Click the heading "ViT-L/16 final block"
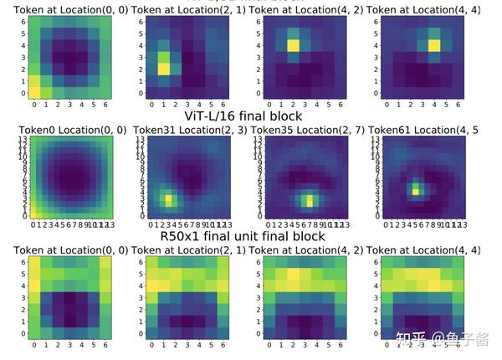coord(242,116)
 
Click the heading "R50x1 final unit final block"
coord(242,236)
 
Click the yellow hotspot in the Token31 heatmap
coord(169,199)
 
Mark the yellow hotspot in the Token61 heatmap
coord(414,191)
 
